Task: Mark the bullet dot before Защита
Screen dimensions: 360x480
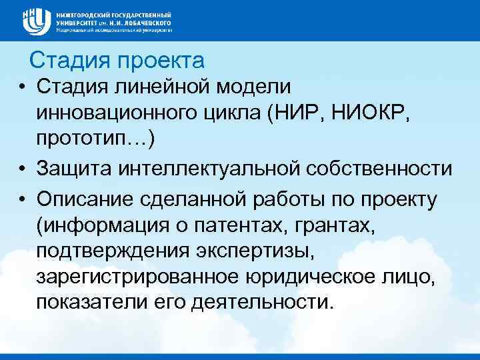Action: pos(22,170)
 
